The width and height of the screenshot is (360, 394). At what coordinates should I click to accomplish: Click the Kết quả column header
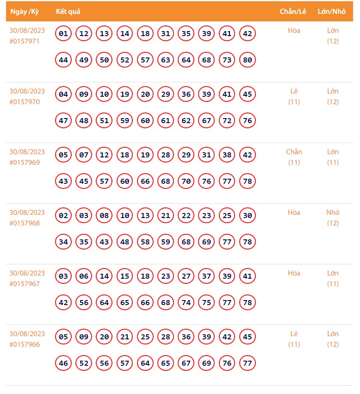coord(68,12)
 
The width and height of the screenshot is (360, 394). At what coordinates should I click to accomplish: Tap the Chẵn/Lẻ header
coord(293,12)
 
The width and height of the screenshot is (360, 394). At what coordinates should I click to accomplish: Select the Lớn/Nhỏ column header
coord(332,12)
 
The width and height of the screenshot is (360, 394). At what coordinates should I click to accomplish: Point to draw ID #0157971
coord(25,41)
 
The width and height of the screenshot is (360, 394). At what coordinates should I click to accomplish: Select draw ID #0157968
coord(25,223)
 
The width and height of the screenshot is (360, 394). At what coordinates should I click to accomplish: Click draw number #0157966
coord(25,344)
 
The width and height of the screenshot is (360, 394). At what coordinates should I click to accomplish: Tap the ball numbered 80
coord(248,60)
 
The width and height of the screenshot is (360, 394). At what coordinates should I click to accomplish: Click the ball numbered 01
coord(63,34)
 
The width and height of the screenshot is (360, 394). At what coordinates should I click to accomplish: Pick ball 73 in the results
coord(227,60)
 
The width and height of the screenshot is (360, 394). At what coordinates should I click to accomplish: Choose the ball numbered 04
coord(63,94)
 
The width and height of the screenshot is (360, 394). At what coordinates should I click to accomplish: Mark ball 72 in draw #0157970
coord(227,121)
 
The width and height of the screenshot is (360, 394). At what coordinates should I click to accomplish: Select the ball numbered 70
coord(186,181)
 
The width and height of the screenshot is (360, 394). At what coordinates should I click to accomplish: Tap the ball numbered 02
coord(63,216)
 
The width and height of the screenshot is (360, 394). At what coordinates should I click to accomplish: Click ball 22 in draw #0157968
coord(186,216)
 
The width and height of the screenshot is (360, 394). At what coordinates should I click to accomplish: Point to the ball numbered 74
coord(186,303)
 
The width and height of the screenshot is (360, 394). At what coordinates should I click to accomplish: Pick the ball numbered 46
coord(63,363)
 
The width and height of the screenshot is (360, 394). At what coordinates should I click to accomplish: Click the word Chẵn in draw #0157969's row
coord(294,152)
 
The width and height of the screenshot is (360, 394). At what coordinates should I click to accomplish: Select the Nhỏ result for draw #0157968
coord(333,213)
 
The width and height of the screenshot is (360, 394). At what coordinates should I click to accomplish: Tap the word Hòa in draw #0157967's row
coord(294,273)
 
